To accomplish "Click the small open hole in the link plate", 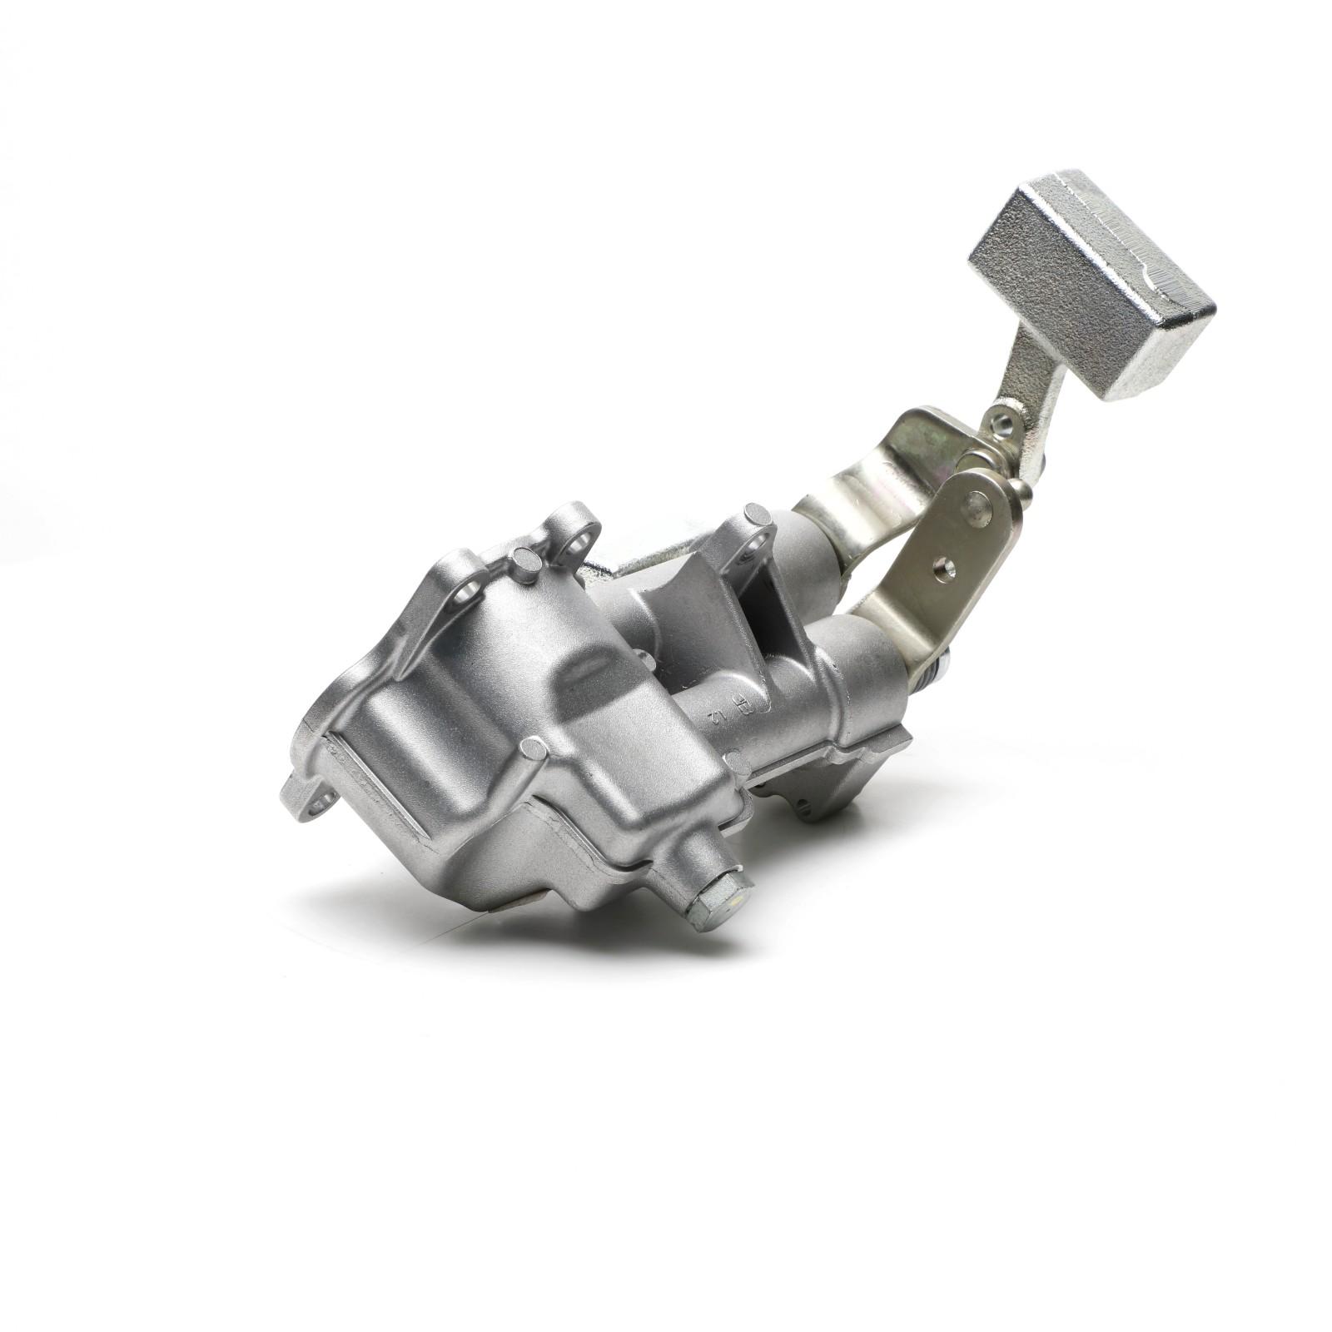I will coord(942,569).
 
